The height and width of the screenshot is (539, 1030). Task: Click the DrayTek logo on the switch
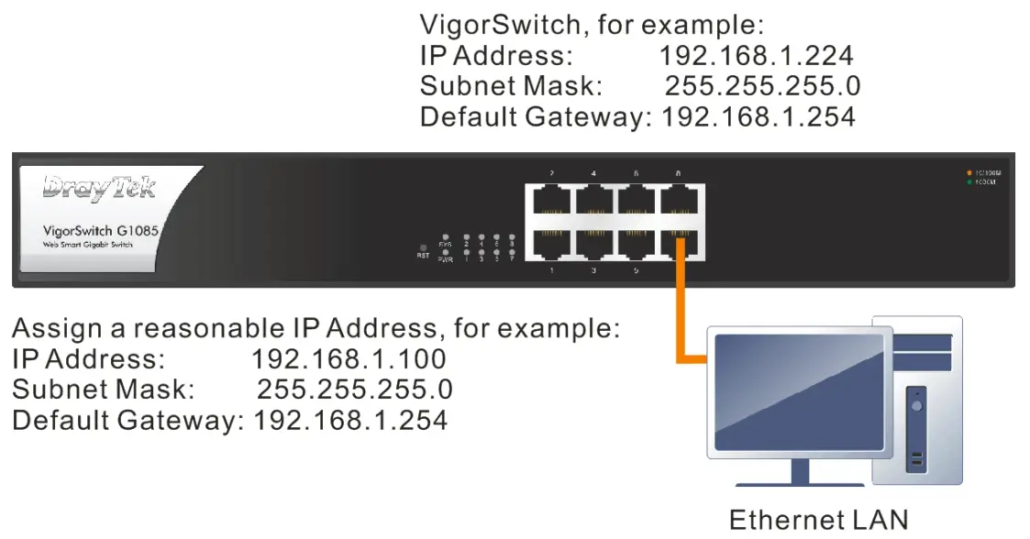(100, 188)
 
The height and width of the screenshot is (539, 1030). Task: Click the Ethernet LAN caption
(819, 520)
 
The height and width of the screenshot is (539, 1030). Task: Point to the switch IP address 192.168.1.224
(756, 55)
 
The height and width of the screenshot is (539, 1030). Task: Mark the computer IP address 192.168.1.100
(349, 358)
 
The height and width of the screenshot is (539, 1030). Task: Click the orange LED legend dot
(969, 172)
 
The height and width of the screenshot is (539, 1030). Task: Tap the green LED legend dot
(969, 182)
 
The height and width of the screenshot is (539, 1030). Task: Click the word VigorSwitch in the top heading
(502, 24)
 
